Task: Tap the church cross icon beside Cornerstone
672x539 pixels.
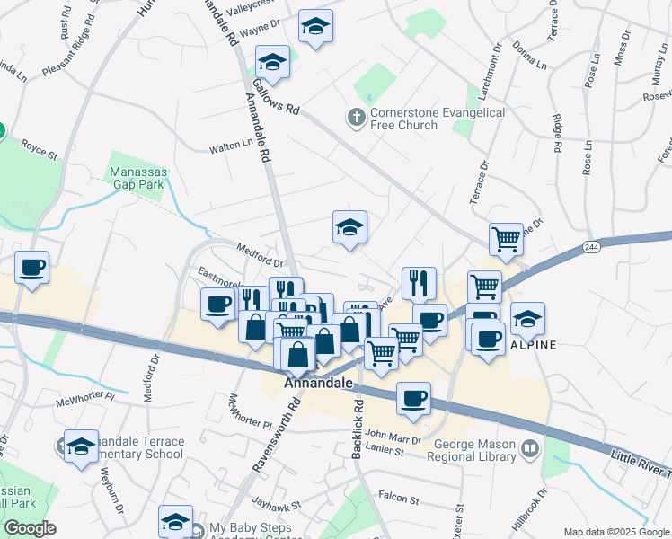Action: coord(356,118)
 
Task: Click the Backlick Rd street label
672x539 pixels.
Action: coord(357,429)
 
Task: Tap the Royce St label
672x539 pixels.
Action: coord(39,143)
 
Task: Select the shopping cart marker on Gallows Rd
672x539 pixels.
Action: coord(506,239)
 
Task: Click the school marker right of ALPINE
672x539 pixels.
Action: coord(527,317)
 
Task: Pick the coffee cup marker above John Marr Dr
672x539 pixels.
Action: coord(413,398)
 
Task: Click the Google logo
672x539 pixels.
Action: coord(30,529)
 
